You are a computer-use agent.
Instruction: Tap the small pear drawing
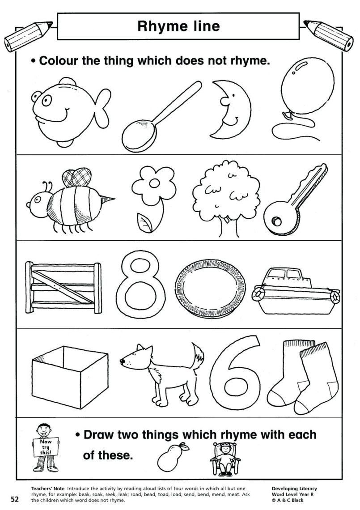(x=169, y=454)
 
